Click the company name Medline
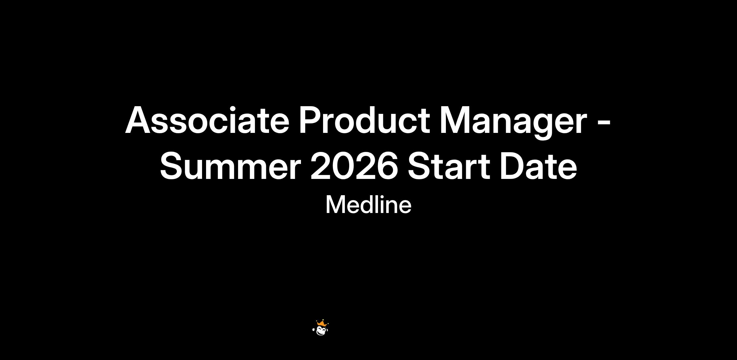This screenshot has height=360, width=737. (368, 205)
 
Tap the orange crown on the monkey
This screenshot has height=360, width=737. (322, 323)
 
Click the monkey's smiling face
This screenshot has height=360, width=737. (322, 331)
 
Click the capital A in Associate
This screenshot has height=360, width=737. (139, 120)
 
